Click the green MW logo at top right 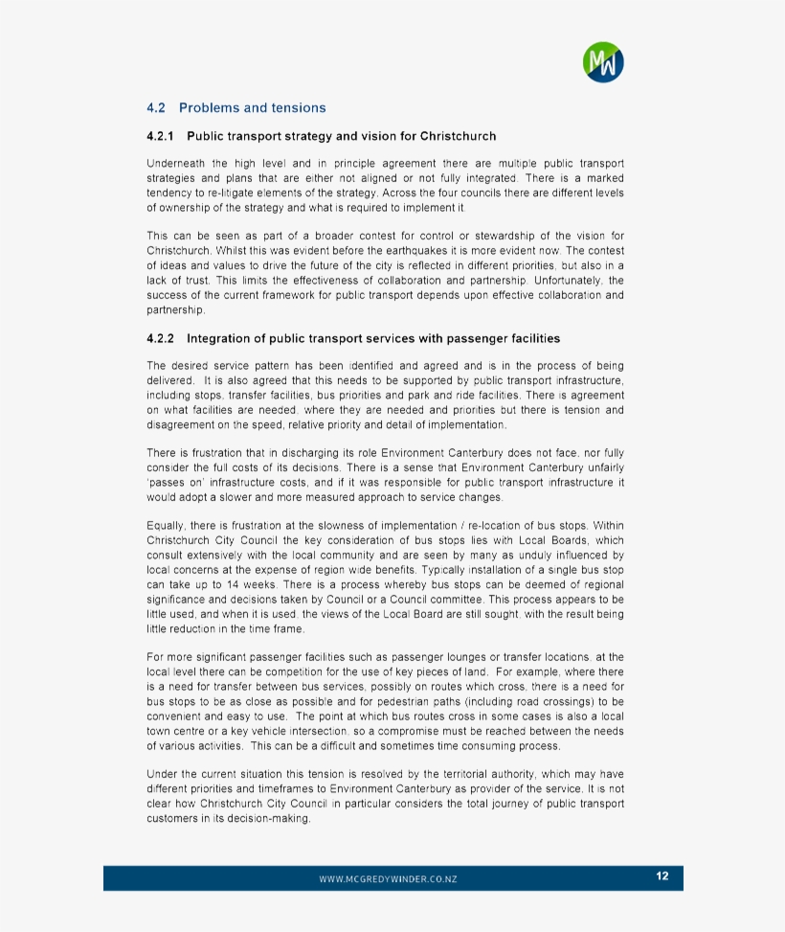point(603,62)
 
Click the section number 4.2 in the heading point(156,108)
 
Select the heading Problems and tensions point(252,108)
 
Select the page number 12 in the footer point(662,876)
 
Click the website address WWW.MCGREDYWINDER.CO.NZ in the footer point(388,878)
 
